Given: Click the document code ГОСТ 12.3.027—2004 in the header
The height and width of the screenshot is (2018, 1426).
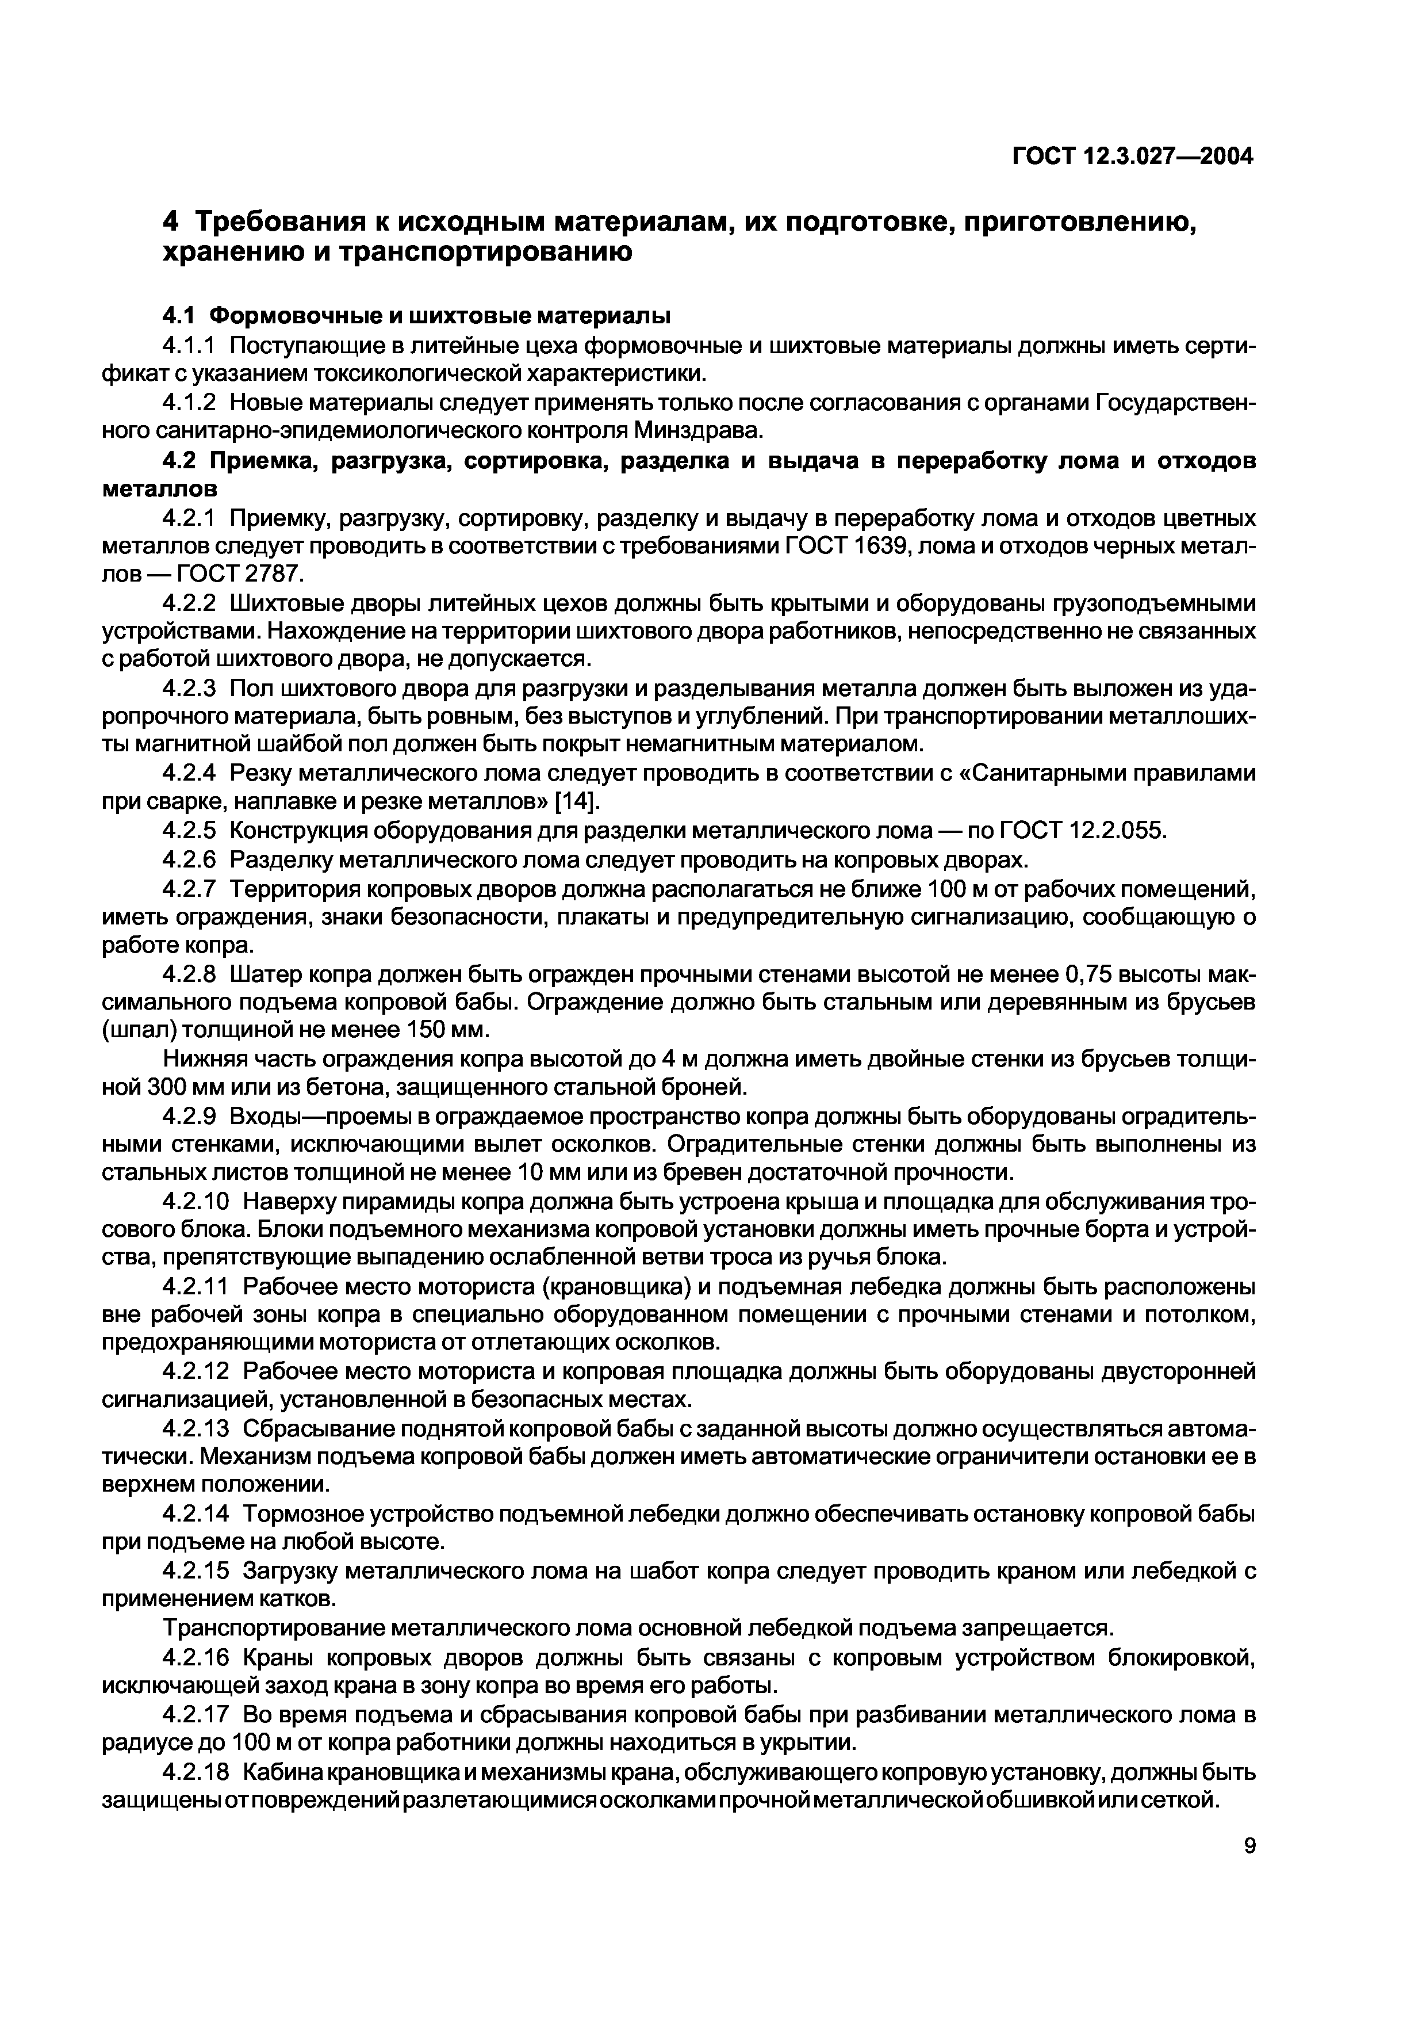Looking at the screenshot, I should tap(1133, 157).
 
